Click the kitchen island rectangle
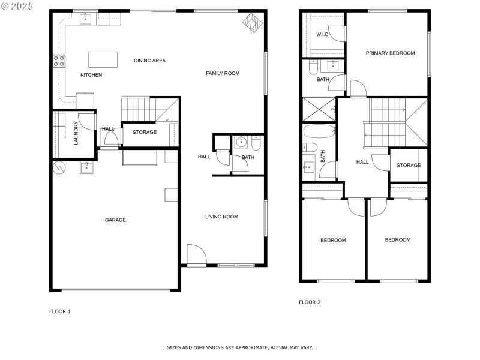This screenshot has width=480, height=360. click(103, 59)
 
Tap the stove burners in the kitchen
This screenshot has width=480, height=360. click(59, 61)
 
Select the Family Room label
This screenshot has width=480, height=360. click(223, 73)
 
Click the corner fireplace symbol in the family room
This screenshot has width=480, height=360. click(253, 22)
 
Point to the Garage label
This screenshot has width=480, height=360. click(115, 220)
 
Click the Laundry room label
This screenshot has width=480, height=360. click(76, 133)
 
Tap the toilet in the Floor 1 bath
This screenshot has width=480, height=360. click(256, 143)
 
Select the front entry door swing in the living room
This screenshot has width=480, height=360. click(197, 254)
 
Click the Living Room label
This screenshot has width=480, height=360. click(221, 217)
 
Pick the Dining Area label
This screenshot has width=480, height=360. click(149, 61)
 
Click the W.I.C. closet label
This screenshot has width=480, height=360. click(323, 34)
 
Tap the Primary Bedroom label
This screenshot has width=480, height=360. click(391, 53)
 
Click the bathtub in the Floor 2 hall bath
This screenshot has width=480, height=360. click(319, 131)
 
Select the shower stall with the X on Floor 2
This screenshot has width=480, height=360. click(319, 109)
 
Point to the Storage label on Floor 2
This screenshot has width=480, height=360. click(409, 166)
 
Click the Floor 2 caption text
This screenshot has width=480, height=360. click(310, 302)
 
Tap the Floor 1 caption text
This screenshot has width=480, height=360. click(60, 311)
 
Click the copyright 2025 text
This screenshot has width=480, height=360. click(17, 6)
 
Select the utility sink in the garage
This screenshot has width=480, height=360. click(86, 168)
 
